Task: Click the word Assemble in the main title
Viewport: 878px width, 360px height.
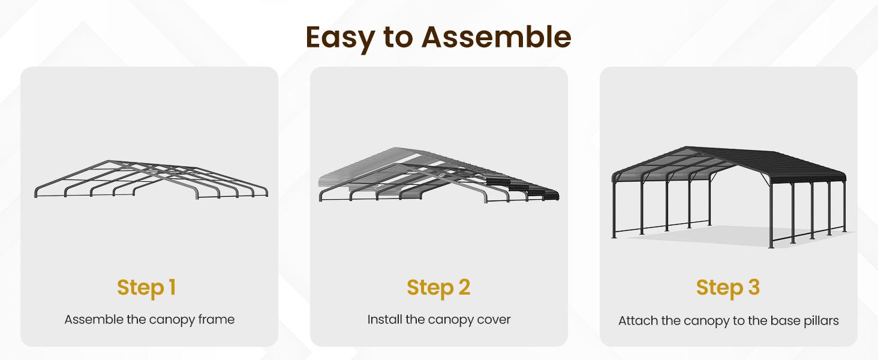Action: (496, 37)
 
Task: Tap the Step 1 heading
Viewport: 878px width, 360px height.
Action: (146, 287)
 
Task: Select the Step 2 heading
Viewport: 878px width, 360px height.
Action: (438, 287)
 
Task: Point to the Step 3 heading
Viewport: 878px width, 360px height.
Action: (728, 287)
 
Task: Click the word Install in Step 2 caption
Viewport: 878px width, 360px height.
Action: (384, 319)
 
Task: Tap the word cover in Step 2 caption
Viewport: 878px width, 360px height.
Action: (494, 319)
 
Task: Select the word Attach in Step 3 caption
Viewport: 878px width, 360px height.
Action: (638, 321)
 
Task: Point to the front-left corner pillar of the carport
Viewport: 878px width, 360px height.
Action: (615, 210)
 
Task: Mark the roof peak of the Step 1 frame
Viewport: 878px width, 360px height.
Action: (108, 161)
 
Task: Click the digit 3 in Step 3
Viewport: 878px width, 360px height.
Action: (752, 287)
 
